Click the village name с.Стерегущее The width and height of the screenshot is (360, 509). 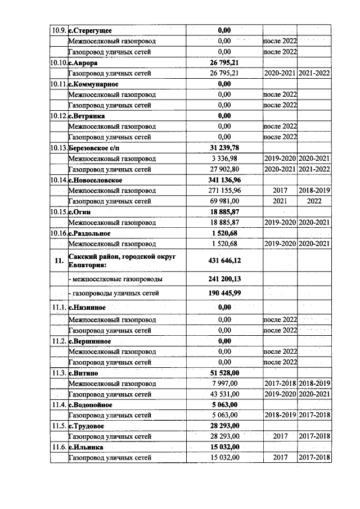[x=89, y=30]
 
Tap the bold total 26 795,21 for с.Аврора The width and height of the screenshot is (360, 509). [x=224, y=62]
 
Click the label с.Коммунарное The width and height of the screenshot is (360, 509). [x=93, y=84]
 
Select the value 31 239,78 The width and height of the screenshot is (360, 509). [x=224, y=147]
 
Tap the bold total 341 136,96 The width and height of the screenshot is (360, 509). [x=224, y=179]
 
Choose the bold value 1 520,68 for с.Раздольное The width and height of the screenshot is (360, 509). [x=224, y=233]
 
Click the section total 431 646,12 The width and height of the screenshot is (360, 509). [x=224, y=260]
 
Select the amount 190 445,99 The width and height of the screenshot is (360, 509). [x=224, y=293]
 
